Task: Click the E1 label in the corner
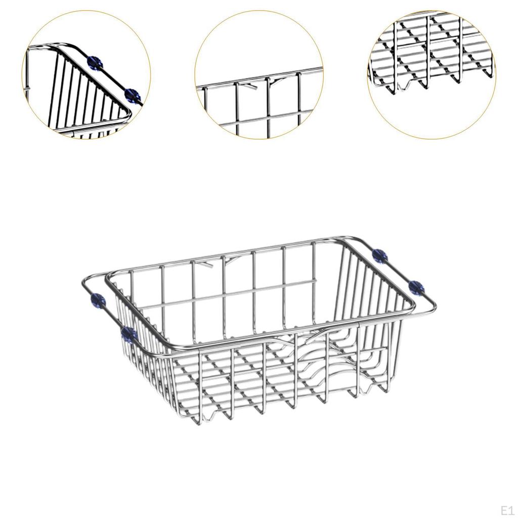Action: [507, 509]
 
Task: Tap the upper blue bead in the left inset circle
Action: [95, 63]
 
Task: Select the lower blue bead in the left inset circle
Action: [132, 94]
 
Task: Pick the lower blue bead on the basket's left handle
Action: [129, 333]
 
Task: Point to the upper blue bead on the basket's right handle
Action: [379, 255]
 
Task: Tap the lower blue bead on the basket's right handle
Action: [417, 287]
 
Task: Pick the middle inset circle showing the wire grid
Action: [259, 75]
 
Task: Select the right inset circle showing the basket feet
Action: [431, 75]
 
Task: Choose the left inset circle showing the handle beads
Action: [86, 75]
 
